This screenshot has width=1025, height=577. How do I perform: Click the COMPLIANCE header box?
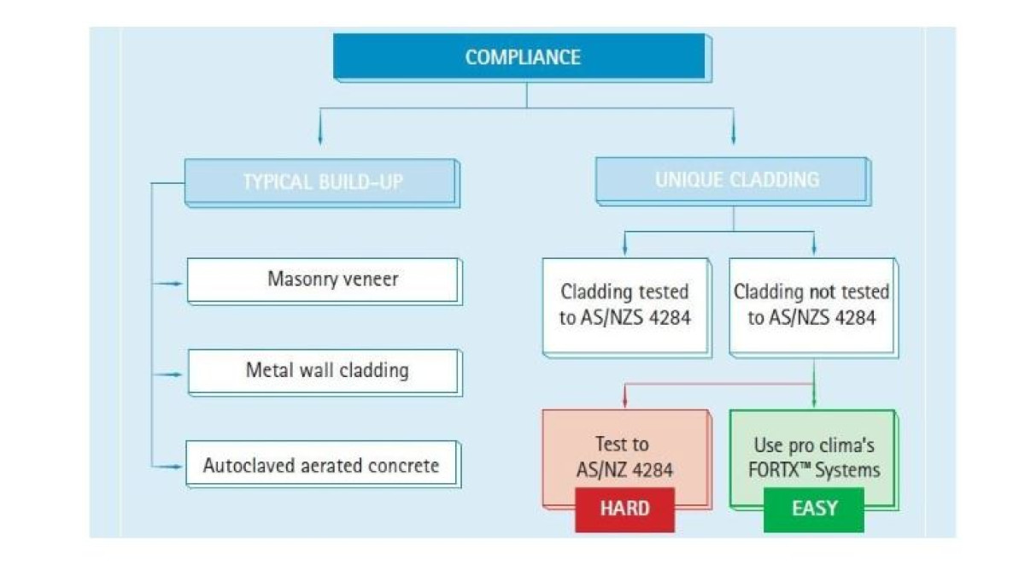click(x=522, y=58)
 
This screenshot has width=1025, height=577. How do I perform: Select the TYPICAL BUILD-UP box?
click(x=322, y=183)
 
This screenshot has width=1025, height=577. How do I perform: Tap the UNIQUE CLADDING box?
click(x=734, y=181)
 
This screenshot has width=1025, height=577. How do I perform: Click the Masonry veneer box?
click(x=325, y=281)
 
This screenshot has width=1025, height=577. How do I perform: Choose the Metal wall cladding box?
click(x=325, y=373)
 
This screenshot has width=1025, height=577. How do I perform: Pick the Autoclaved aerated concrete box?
click(x=324, y=464)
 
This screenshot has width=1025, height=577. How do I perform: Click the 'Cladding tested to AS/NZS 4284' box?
click(x=627, y=308)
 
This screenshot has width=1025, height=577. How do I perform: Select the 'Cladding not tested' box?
click(x=813, y=308)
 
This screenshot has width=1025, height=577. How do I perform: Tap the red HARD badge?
click(x=624, y=509)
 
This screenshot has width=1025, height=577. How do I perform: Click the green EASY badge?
click(x=814, y=509)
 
